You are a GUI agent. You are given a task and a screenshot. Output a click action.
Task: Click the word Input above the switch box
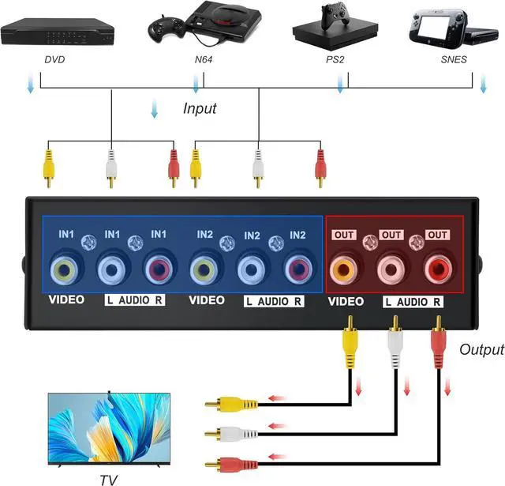coord(200,108)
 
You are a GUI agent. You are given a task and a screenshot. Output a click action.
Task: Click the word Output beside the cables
coord(481,348)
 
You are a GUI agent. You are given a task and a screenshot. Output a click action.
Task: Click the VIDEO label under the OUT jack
coord(345,302)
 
